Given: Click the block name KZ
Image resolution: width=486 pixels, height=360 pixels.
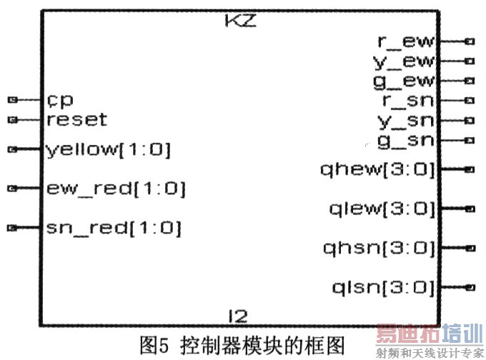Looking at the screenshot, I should click(x=240, y=21).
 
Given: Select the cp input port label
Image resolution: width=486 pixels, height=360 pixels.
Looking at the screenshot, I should click(x=59, y=99).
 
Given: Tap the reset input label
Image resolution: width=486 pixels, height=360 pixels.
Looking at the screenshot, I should click(x=76, y=119).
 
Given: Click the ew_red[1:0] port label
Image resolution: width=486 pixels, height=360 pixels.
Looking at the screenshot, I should click(x=115, y=189).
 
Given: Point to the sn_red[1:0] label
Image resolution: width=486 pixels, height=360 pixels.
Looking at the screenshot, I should click(x=113, y=228).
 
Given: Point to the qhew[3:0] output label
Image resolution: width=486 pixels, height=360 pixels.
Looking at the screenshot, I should click(x=379, y=169).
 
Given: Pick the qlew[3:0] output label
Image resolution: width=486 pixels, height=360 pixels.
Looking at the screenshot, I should click(x=382, y=209).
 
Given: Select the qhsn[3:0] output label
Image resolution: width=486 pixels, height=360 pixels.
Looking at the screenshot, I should click(x=379, y=248).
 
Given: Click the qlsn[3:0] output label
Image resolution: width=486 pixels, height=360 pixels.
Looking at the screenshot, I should click(x=382, y=287).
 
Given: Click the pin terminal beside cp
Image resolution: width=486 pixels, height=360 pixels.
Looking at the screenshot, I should click(x=12, y=99).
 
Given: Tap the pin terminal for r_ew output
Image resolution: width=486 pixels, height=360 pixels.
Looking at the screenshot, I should click(x=469, y=42).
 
